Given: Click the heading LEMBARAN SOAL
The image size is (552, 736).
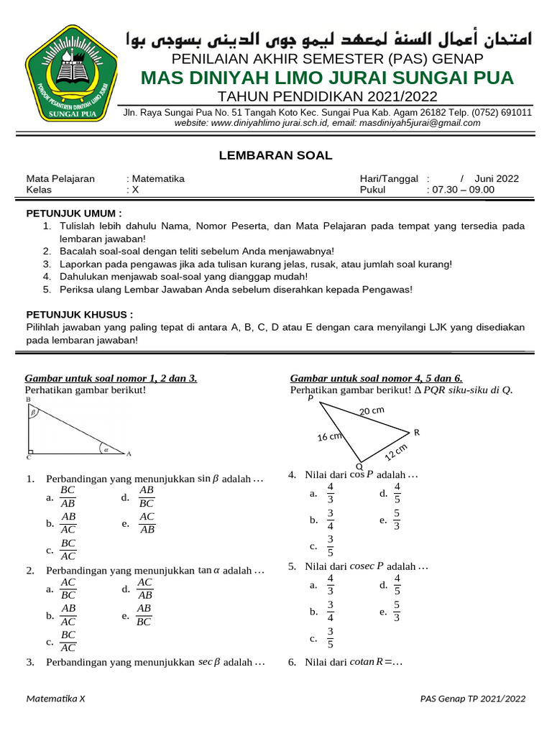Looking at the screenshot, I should (x=275, y=155).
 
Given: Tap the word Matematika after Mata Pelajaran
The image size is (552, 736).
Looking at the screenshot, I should (x=157, y=179).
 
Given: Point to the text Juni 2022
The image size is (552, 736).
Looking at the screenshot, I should (x=497, y=179).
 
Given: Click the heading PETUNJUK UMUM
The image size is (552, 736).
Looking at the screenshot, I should (x=74, y=213).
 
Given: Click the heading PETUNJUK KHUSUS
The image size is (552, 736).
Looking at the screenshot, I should (x=79, y=315).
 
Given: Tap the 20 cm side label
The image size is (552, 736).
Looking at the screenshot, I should (x=372, y=410).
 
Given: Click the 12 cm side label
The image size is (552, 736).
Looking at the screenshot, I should (x=395, y=452).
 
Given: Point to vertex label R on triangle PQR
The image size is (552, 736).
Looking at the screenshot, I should (x=416, y=432).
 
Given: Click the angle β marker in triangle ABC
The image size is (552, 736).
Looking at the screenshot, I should (x=32, y=413).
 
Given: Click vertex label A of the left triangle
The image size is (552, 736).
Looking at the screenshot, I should (x=129, y=454).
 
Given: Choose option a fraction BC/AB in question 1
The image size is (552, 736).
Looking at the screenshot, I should (x=68, y=497).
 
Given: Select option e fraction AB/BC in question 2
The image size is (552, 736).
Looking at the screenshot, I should (x=144, y=615).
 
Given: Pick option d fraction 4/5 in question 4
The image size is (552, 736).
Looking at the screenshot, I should (x=397, y=493).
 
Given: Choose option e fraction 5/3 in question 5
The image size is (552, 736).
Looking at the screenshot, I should (x=397, y=611).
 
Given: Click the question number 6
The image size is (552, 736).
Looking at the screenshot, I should (x=292, y=662).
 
